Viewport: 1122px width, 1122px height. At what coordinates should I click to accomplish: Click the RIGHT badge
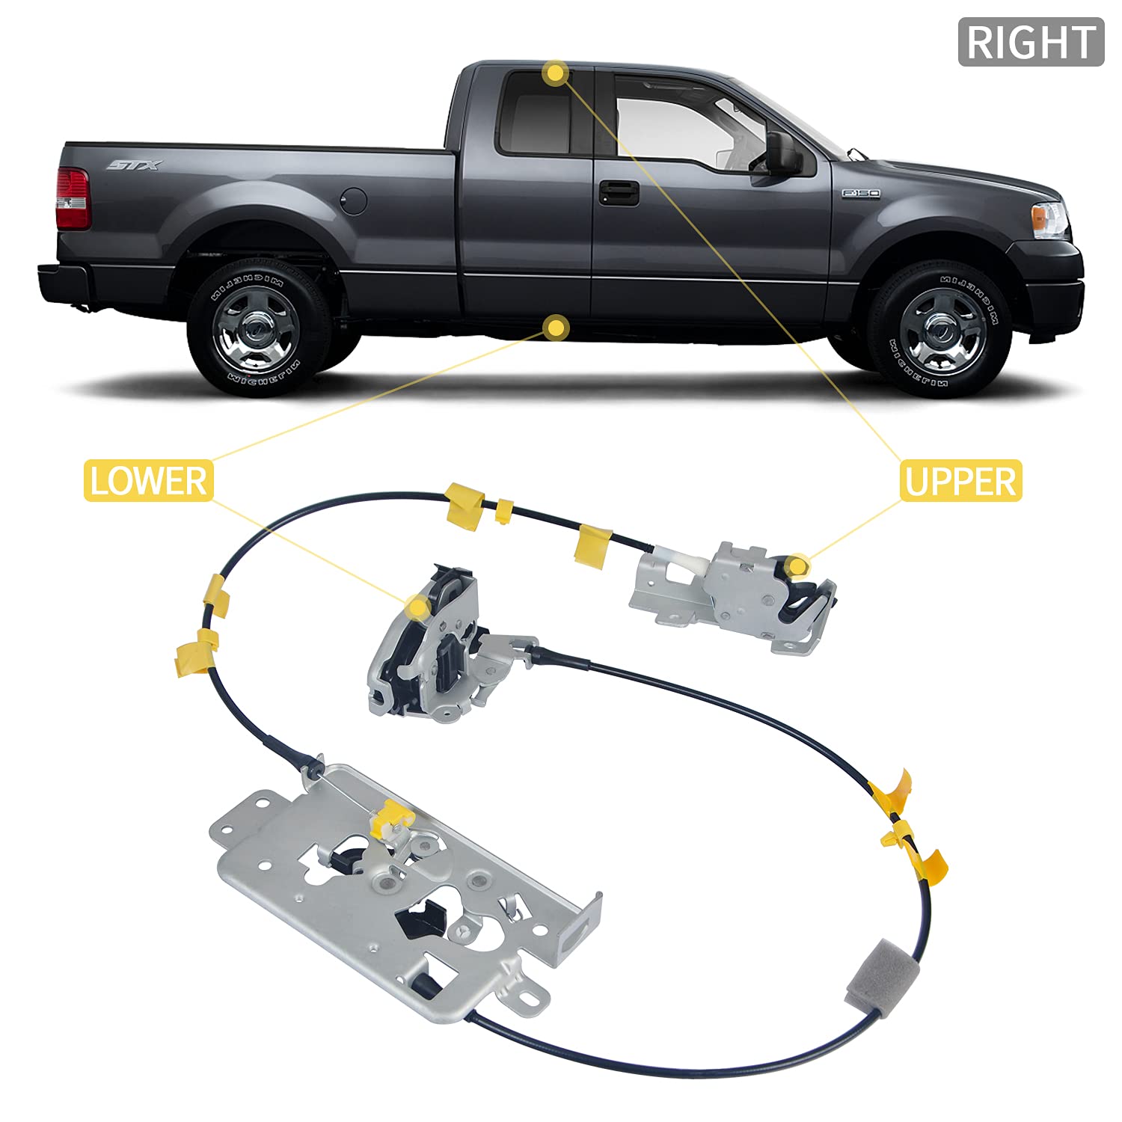1031,42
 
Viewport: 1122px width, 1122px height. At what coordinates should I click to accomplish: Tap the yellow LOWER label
148,480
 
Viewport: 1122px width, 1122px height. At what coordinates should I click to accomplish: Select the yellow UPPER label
960,481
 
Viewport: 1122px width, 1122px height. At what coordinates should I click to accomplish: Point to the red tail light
73,198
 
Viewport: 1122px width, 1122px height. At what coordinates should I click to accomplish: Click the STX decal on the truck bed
135,165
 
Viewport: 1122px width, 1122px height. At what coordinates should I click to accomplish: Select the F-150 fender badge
861,193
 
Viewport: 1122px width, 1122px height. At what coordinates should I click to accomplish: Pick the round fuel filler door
353,200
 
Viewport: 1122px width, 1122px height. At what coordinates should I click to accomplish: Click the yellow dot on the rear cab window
556,73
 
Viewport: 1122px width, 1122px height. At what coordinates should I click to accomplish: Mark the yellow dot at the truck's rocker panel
556,327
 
